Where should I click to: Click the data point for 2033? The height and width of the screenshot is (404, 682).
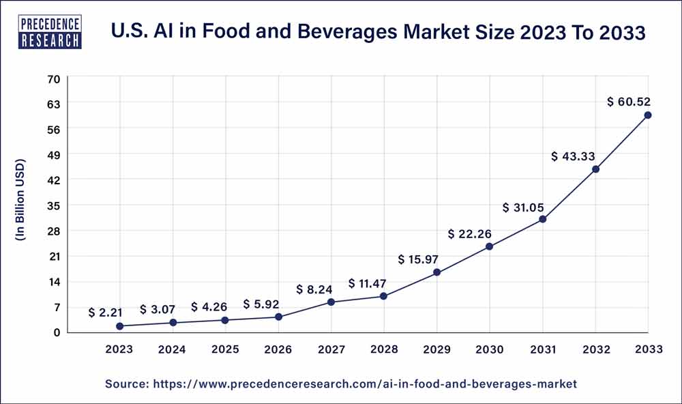(x=647, y=115)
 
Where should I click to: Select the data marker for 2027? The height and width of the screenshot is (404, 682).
(x=331, y=302)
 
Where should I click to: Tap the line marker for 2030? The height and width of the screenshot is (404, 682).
(x=489, y=246)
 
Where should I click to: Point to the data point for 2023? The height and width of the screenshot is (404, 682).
(x=120, y=326)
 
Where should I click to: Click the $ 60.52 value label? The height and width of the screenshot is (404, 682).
(x=628, y=102)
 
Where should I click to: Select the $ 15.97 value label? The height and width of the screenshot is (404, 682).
(x=418, y=259)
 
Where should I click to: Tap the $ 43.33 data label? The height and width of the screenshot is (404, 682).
(x=574, y=156)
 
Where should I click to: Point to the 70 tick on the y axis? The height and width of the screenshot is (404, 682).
(x=54, y=78)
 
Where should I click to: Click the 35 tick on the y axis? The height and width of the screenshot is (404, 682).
(x=54, y=205)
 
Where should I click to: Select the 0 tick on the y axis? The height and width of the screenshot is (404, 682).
(x=57, y=332)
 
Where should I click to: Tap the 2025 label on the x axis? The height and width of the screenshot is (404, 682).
(x=225, y=349)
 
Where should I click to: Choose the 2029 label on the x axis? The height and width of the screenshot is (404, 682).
(x=436, y=349)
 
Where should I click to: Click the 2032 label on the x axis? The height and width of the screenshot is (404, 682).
(x=595, y=349)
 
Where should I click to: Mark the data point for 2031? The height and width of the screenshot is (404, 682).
(x=542, y=219)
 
